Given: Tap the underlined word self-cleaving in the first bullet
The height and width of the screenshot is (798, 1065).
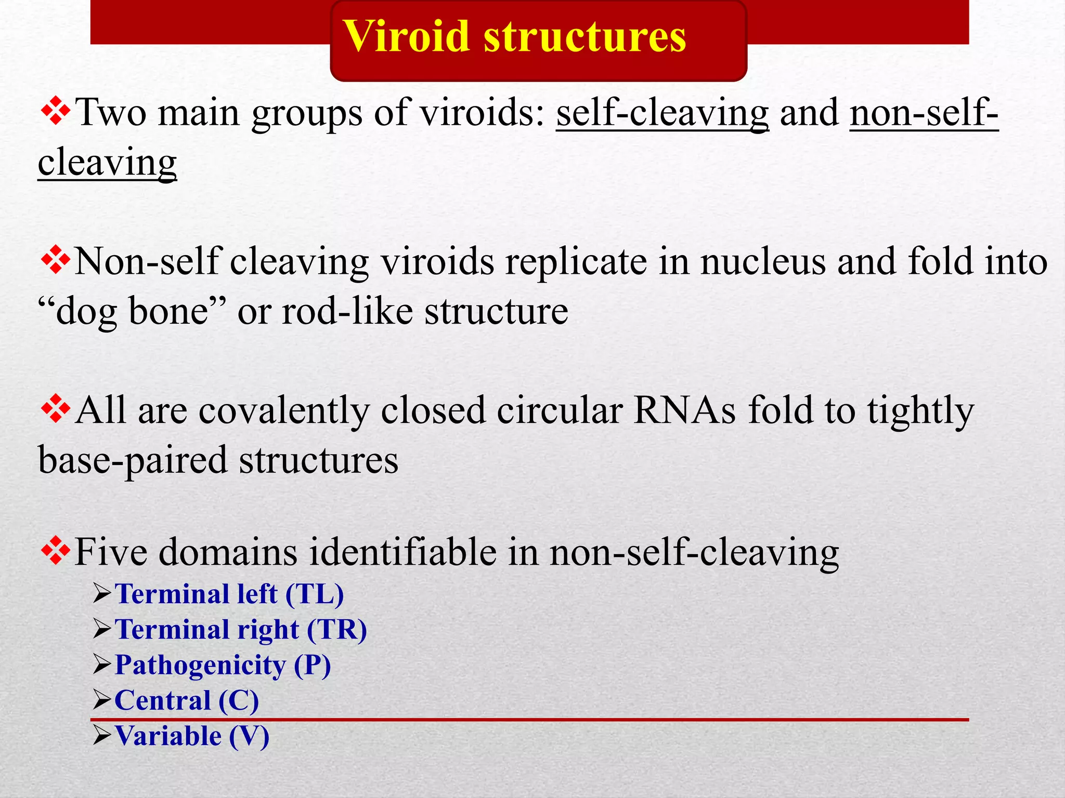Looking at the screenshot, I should tap(662, 113).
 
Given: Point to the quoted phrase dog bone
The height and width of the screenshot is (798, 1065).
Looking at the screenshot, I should tap(132, 312).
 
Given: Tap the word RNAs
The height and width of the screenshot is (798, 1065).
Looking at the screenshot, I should tap(684, 410).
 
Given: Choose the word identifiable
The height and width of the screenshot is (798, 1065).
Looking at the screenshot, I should tap(403, 552).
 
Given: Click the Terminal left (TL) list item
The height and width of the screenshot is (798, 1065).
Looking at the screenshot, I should tap(229, 594).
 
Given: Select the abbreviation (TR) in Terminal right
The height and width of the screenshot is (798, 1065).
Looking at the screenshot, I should tap(336, 630).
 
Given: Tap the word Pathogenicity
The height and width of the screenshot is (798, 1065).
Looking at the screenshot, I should tap(200, 665).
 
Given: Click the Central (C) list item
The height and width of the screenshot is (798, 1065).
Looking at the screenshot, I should tap(186, 700).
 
